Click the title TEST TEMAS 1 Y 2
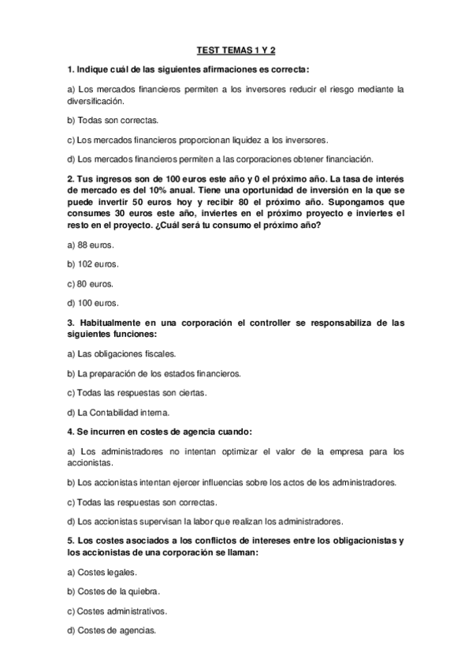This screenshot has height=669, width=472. [236, 51]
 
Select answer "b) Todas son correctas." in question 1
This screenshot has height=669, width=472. [113, 120]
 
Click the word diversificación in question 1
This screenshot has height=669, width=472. [96, 101]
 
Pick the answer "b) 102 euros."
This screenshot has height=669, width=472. [95, 264]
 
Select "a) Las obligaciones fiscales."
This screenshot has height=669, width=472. [122, 353]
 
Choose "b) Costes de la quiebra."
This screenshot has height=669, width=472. [114, 591]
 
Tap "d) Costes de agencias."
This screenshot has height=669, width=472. [112, 630]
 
